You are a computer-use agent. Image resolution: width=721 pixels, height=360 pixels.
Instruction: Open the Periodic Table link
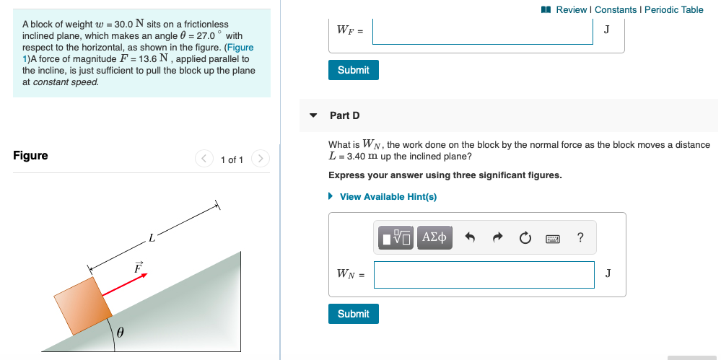(x=673, y=9)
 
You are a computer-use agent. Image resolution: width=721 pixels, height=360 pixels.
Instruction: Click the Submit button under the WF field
(x=353, y=70)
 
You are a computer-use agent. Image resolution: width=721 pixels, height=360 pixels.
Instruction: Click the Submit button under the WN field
(x=353, y=314)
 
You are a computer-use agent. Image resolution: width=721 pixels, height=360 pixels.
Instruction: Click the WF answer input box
(x=483, y=30)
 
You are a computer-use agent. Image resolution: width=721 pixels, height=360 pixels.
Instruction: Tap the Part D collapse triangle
(x=313, y=115)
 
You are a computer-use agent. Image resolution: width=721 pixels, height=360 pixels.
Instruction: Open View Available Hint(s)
(x=388, y=197)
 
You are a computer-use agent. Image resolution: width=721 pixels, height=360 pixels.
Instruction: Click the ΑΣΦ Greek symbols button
(x=434, y=237)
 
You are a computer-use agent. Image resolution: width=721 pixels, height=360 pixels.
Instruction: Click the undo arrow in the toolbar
(x=471, y=237)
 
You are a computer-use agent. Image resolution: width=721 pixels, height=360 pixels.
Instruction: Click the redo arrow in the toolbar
(x=497, y=237)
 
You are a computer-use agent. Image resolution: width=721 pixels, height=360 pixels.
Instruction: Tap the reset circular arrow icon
(x=525, y=237)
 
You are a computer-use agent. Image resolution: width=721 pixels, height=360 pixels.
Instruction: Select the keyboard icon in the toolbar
(x=553, y=238)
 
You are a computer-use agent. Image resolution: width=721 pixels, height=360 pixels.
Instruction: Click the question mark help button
(x=580, y=237)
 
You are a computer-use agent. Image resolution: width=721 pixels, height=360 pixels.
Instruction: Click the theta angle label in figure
(x=121, y=333)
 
